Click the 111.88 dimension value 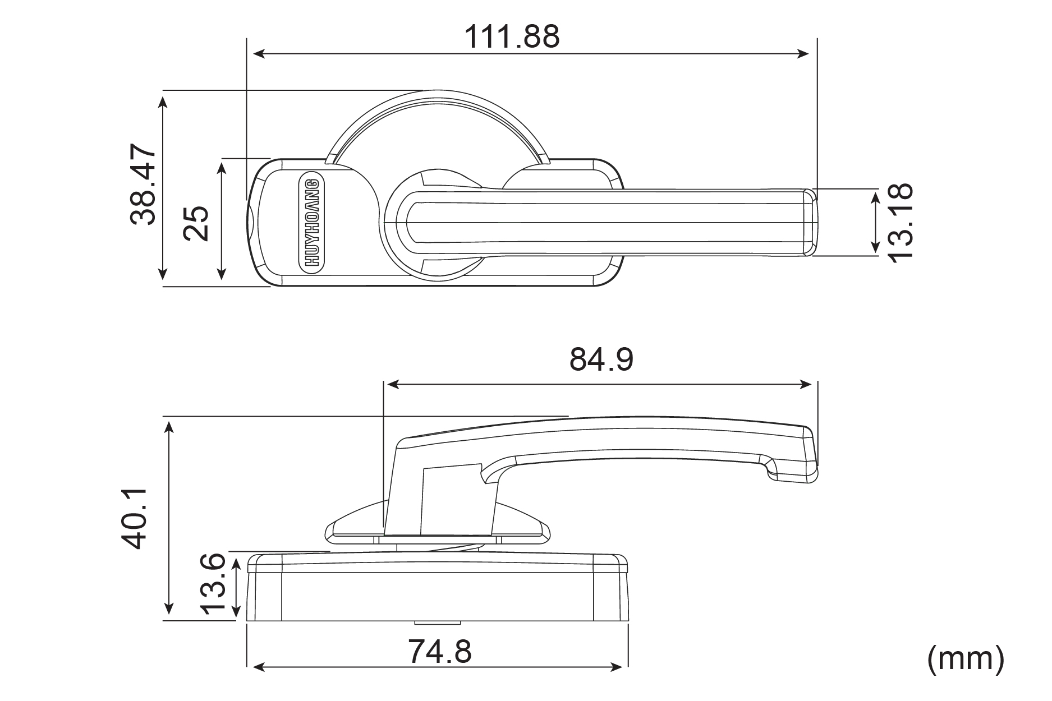pos(511,37)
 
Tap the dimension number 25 pos(196,223)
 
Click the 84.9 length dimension pos(601,359)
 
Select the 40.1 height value pos(135,518)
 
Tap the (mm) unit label pos(965,658)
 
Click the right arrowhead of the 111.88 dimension pos(805,54)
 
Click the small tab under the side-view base pos(438,622)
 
